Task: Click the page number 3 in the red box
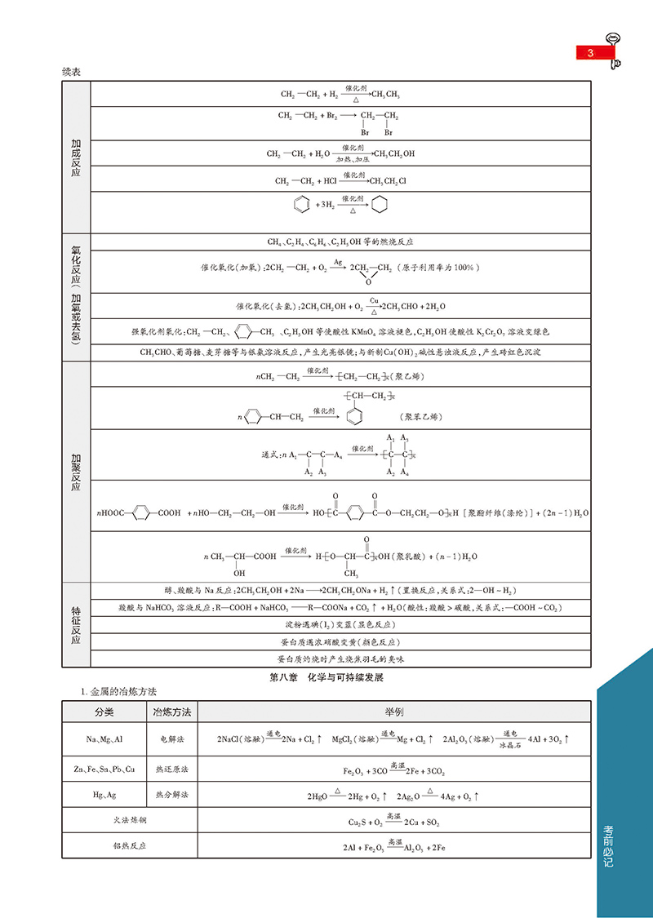click(x=589, y=53)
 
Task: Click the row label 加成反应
click(x=76, y=157)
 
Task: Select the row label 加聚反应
click(x=76, y=471)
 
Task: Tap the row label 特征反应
click(x=76, y=625)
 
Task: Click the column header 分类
click(x=104, y=712)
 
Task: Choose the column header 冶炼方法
click(x=171, y=712)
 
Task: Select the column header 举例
click(x=394, y=712)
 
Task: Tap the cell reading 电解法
click(x=171, y=739)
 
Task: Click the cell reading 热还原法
click(x=171, y=769)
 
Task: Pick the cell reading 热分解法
click(x=171, y=795)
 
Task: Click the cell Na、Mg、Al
click(x=104, y=739)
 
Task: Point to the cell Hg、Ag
click(x=104, y=795)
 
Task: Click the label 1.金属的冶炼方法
click(x=114, y=692)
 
